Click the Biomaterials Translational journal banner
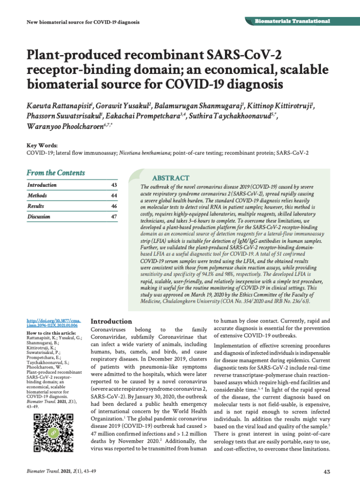click(292, 22)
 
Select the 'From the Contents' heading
click(56, 173)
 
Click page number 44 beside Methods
click(113, 195)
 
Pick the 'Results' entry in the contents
click(36, 206)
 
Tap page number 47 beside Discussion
click(113, 217)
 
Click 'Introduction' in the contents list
click(42, 185)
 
